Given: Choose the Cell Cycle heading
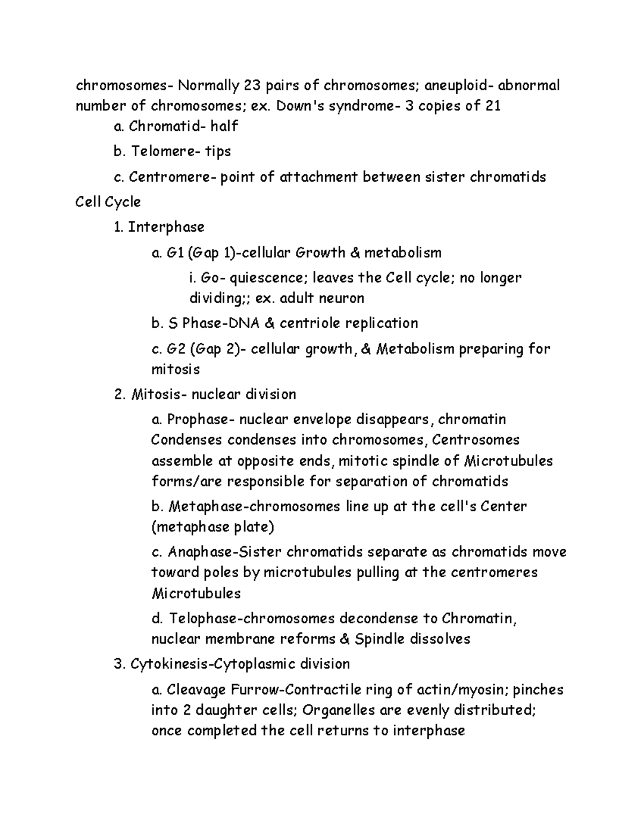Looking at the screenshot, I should [x=108, y=202].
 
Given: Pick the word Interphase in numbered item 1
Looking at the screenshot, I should [x=166, y=227].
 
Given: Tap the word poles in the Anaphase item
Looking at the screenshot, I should [x=222, y=572].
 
